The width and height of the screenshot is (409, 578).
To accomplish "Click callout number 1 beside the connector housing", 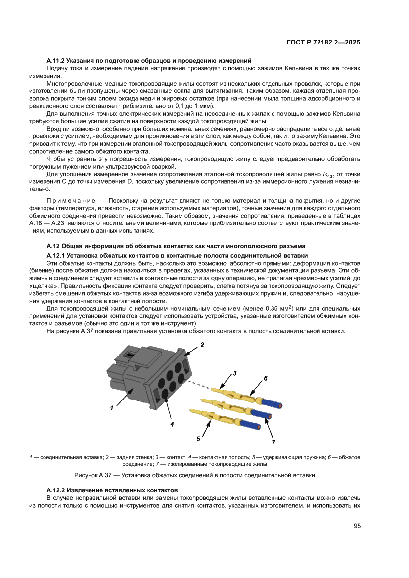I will (x=112, y=408).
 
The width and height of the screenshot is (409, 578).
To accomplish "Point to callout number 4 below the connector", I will (x=172, y=424).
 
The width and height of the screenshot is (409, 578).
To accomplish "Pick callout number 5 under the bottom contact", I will (x=198, y=438).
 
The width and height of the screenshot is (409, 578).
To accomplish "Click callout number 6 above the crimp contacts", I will (x=265, y=378).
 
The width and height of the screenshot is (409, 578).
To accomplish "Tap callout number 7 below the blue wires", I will (x=273, y=441).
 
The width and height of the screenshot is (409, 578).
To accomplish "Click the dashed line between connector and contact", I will (x=200, y=384).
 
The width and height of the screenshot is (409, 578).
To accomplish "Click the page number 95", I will (x=357, y=526).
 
